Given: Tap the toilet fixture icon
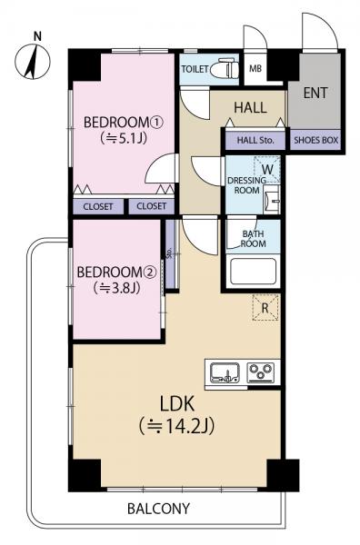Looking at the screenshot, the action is (x=225, y=68).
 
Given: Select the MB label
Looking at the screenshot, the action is (x=255, y=68).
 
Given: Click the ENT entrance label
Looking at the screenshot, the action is (x=315, y=93).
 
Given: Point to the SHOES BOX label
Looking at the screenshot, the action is (x=316, y=140).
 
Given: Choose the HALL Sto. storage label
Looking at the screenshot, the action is (x=255, y=141).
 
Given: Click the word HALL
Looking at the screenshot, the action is (x=250, y=107).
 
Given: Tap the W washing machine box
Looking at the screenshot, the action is (x=267, y=170).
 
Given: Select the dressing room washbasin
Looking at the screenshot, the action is (x=272, y=200).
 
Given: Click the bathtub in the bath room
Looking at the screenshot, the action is (x=254, y=271).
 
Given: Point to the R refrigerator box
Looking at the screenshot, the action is (x=265, y=307).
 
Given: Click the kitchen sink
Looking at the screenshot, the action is (x=225, y=372).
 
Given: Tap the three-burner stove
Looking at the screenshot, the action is (x=261, y=372).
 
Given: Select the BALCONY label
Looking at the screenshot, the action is (x=158, y=509).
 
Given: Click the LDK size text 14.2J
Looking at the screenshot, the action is (x=176, y=425).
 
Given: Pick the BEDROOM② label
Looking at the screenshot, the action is (x=116, y=272).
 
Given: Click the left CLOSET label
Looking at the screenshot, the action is (x=98, y=207).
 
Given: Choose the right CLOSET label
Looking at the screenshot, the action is (x=151, y=206).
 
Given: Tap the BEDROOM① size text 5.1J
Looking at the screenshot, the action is (x=124, y=139).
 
